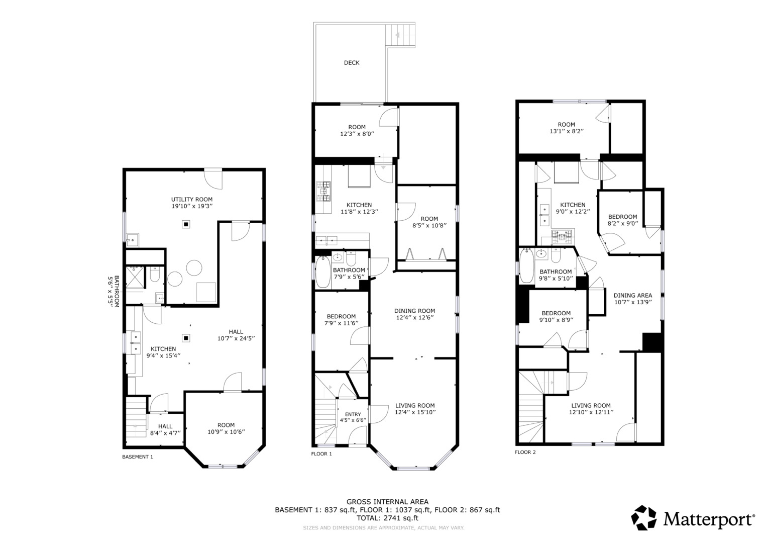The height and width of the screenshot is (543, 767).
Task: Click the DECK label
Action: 352,63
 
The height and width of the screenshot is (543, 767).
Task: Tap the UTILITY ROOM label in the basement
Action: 192,200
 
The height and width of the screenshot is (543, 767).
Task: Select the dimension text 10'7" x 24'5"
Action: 236,339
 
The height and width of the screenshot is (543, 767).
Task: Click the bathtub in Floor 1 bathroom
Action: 322,272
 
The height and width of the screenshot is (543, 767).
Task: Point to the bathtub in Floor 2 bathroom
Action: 527,265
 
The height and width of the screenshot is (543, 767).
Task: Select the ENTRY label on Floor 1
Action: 353,414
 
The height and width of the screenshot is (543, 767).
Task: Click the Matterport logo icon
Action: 643,517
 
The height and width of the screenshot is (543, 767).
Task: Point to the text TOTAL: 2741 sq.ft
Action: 387,518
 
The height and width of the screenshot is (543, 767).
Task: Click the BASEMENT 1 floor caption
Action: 137,457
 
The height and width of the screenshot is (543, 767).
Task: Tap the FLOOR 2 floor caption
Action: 525,452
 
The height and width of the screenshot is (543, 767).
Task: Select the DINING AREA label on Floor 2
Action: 633,296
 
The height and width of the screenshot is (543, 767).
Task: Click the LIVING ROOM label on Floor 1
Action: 415,405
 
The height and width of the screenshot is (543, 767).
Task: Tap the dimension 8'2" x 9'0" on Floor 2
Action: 622,223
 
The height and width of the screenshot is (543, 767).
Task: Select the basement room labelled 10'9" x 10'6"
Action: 226,428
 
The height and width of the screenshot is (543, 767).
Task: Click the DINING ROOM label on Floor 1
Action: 414,311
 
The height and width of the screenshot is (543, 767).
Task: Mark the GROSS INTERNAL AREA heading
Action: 387,501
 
